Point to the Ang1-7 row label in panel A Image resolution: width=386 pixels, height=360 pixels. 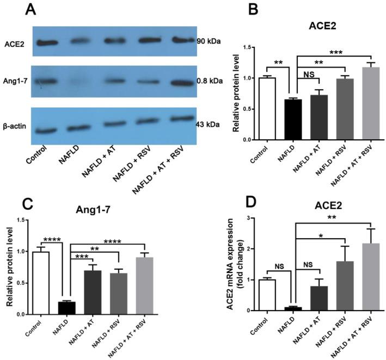click(x=15, y=82)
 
